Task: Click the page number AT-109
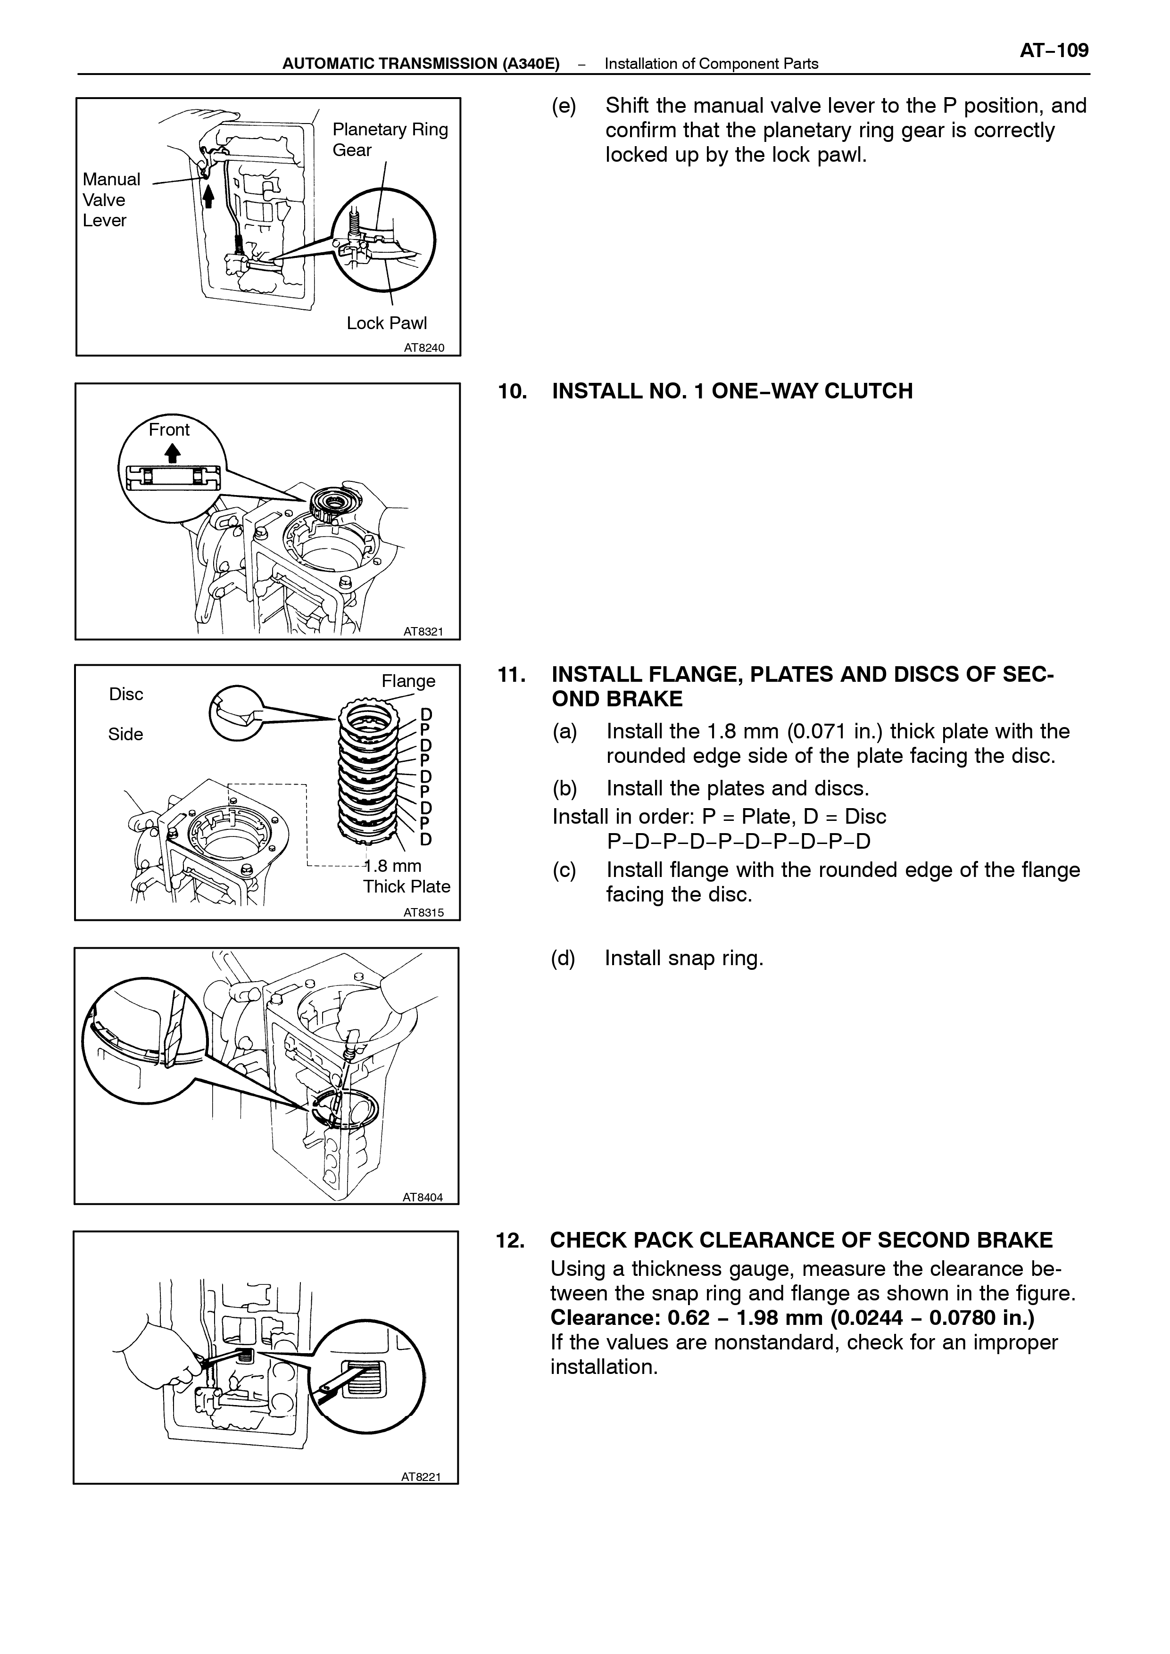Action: (x=1054, y=50)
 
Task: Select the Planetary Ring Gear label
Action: (x=390, y=140)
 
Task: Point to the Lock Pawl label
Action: (x=386, y=323)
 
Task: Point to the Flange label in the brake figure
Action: (x=408, y=681)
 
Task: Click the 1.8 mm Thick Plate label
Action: (x=407, y=876)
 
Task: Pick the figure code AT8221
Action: (x=421, y=1477)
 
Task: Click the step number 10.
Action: (x=512, y=391)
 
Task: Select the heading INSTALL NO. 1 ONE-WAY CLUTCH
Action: (x=732, y=391)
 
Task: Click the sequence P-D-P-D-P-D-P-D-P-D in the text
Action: (x=739, y=842)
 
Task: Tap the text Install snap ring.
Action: (x=684, y=958)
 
